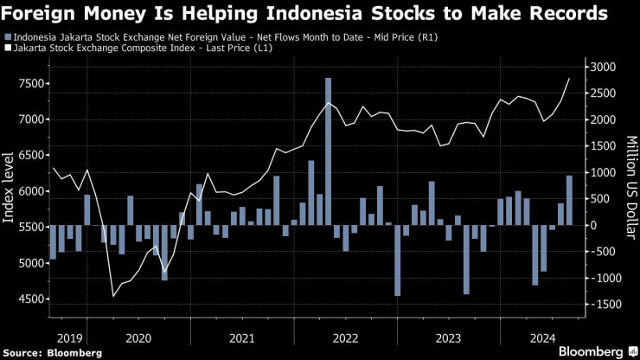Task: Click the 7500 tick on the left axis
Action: (x=26, y=83)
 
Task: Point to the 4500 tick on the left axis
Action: (x=26, y=299)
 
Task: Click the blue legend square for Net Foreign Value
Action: (x=8, y=37)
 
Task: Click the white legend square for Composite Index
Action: (x=8, y=49)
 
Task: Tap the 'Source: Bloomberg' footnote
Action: (x=53, y=352)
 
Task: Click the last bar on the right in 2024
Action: (x=569, y=200)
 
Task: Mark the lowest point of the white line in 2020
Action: (x=113, y=296)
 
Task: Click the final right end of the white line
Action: (x=569, y=79)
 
